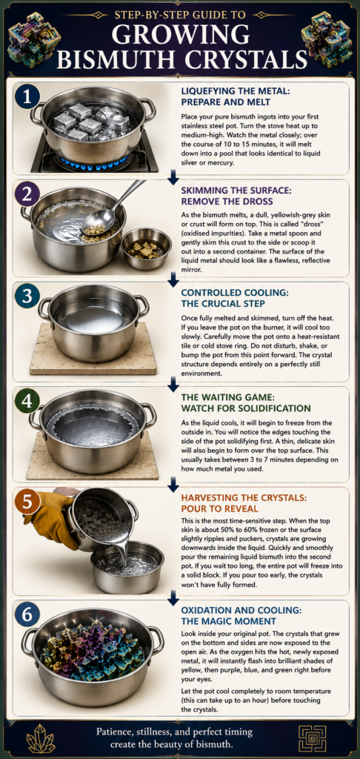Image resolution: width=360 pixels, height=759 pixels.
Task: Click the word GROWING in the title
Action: pos(181,36)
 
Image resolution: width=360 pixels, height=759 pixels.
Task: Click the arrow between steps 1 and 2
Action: pos(173,180)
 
